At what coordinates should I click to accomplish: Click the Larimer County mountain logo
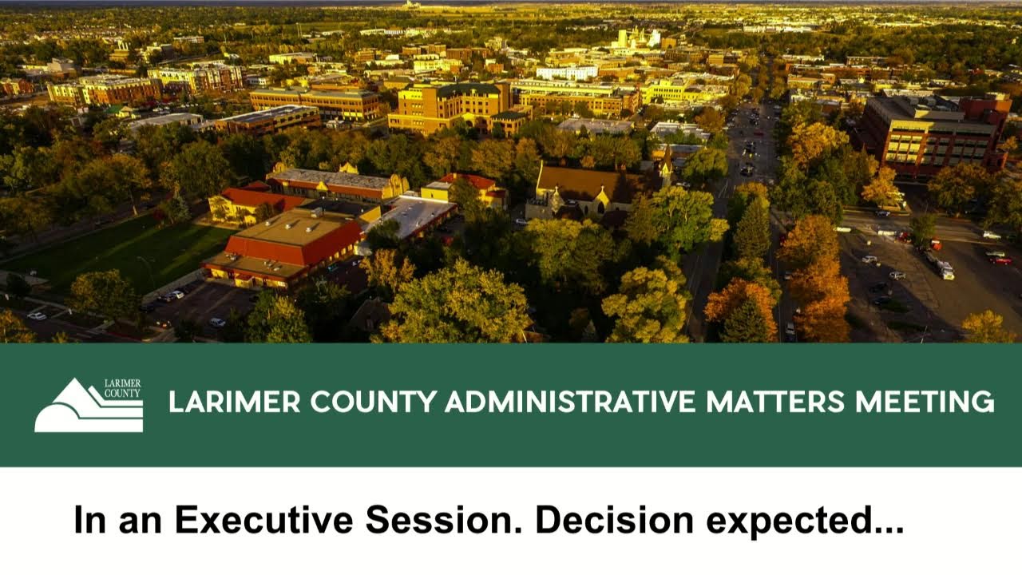pyautogui.click(x=88, y=406)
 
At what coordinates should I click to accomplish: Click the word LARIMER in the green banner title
pyautogui.click(x=234, y=402)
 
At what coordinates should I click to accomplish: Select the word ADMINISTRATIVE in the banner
pyautogui.click(x=570, y=402)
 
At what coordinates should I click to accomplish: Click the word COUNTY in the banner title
pyautogui.click(x=373, y=402)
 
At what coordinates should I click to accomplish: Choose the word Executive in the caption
pyautogui.click(x=263, y=521)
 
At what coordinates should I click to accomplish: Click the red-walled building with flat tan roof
pyautogui.click(x=287, y=244)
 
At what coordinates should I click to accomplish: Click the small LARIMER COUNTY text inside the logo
pyautogui.click(x=122, y=388)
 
